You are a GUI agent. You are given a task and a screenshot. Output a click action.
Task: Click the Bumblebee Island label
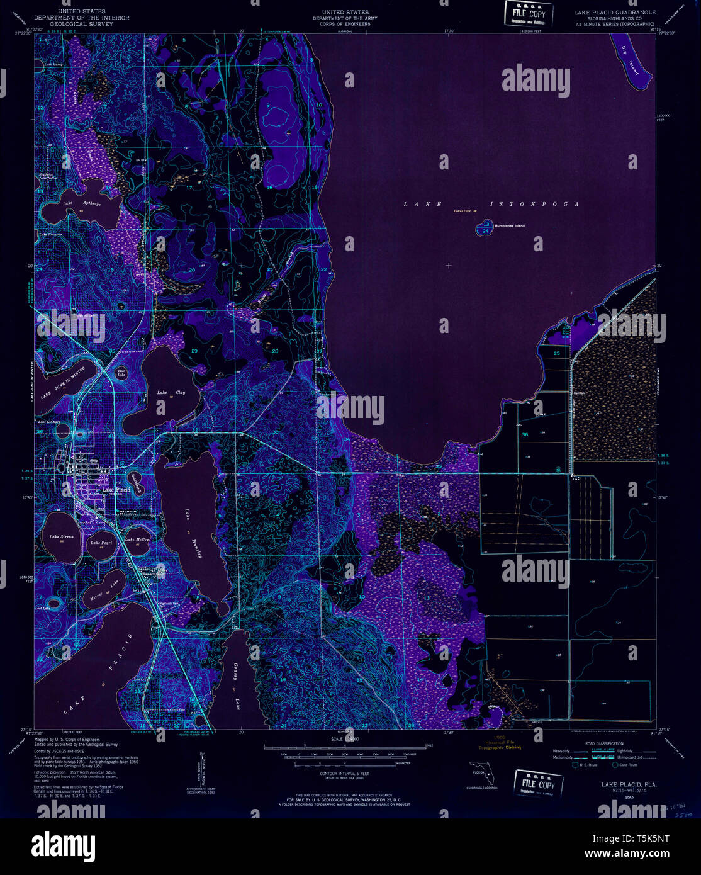click(510, 226)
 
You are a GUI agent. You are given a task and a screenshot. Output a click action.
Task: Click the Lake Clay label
click(171, 392)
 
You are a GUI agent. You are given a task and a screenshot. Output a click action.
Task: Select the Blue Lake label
click(122, 375)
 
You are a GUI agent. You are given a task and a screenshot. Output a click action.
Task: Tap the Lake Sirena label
click(62, 537)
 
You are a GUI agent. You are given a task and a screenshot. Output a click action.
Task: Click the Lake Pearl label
click(101, 543)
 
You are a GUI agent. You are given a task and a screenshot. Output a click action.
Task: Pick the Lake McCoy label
click(137, 540)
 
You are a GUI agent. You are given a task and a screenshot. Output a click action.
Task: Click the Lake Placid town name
click(116, 490)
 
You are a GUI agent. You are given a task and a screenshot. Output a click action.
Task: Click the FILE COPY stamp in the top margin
click(529, 13)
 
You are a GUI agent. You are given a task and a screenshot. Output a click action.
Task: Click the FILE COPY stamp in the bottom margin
click(538, 784)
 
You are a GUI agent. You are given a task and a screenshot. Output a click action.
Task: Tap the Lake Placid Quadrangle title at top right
click(614, 13)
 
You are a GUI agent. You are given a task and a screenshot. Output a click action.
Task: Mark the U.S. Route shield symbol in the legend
click(575, 765)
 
